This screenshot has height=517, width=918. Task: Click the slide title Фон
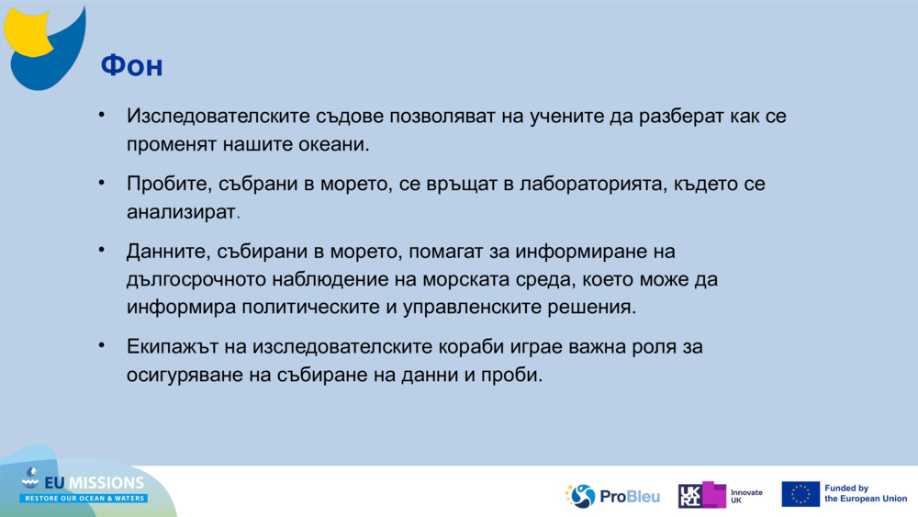point(131,65)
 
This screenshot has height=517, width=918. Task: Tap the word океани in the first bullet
point(334,144)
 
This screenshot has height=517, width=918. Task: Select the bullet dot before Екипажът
point(104,346)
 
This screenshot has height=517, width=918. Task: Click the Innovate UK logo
point(721,496)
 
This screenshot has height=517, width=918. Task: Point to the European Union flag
point(800,494)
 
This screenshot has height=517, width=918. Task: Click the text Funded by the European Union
point(865,494)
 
